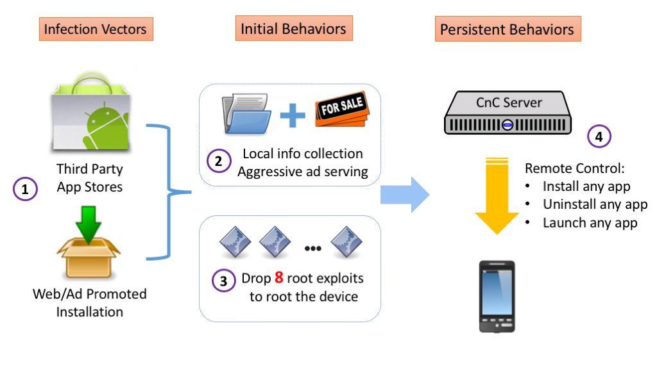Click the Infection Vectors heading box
click(96, 29)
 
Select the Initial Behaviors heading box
click(293, 29)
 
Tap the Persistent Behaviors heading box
click(508, 29)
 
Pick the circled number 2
click(219, 161)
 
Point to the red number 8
click(279, 279)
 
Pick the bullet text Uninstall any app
click(595, 205)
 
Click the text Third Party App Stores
click(90, 178)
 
